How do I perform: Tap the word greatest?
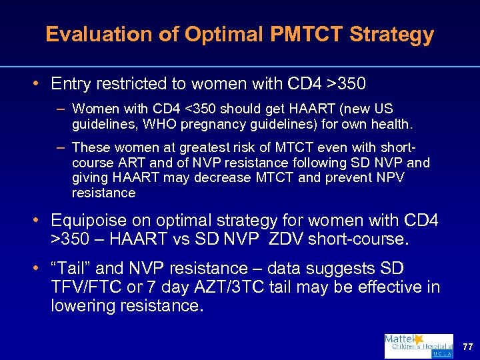click(x=183, y=147)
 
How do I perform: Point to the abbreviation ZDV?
click(x=305, y=238)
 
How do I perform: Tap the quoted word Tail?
click(x=73, y=269)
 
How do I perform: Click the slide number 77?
click(x=467, y=347)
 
